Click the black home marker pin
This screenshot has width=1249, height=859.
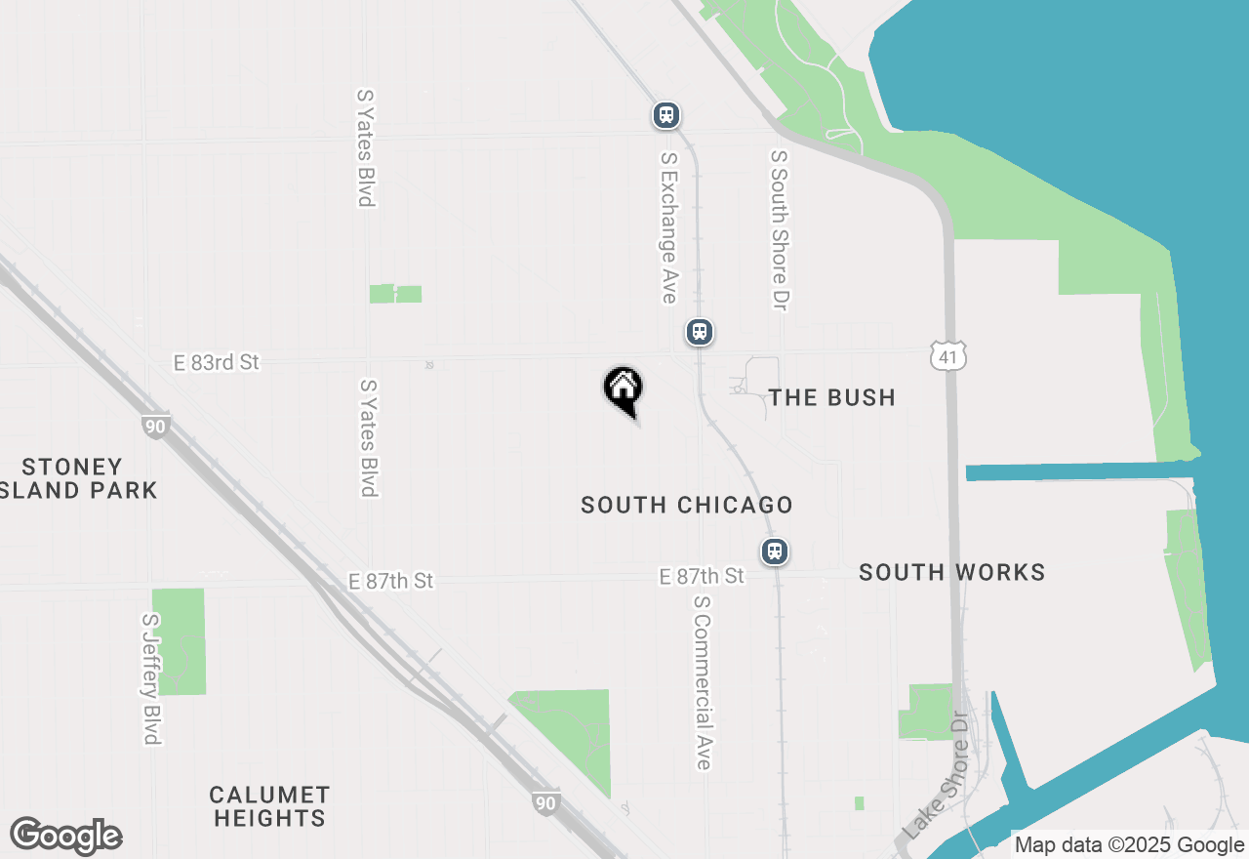coord(623,389)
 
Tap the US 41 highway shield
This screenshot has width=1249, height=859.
coord(947,357)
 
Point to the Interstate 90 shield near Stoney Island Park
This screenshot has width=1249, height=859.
coord(154,426)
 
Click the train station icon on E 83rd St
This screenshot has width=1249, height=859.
coord(699,332)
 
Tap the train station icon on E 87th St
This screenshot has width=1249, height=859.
coord(775,551)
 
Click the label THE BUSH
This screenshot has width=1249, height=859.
coord(831,397)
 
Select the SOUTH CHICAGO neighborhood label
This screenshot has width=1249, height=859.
coord(686,505)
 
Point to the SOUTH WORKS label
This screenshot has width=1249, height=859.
coord(951,572)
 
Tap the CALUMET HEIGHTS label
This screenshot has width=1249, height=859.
coord(270,806)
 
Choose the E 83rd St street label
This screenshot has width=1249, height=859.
coord(217,362)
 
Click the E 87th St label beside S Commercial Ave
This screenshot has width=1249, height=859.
coord(702,577)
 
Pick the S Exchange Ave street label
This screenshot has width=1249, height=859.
coord(668,226)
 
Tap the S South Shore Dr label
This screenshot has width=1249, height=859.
coord(778,230)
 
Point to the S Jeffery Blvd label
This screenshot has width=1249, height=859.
coord(149,678)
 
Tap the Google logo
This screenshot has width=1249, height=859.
coord(65,837)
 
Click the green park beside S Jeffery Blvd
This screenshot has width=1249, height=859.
coord(179,641)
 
